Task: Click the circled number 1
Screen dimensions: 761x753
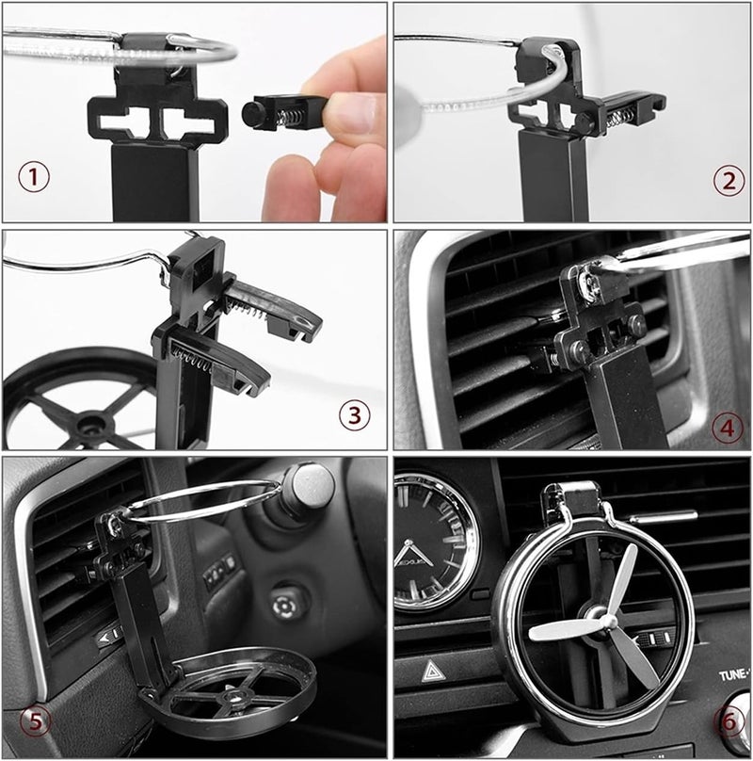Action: [x=33, y=176]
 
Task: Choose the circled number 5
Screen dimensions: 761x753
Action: [x=35, y=722]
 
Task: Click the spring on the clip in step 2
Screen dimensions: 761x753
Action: [x=618, y=118]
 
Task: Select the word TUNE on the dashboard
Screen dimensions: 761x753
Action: [x=735, y=675]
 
